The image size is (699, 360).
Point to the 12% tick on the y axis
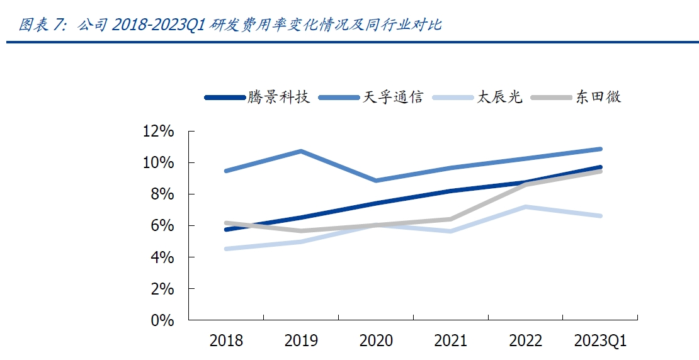click(x=158, y=132)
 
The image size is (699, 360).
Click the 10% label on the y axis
click(x=158, y=163)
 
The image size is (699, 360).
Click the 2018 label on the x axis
click(x=226, y=341)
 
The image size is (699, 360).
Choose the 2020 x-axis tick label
click(x=376, y=341)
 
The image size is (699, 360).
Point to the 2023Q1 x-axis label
click(x=600, y=341)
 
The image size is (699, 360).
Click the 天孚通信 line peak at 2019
click(x=301, y=151)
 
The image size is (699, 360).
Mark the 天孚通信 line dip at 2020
click(x=376, y=181)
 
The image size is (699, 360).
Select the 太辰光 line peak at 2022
click(x=525, y=206)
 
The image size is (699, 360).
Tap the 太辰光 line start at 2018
click(x=226, y=249)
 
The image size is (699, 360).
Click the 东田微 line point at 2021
click(x=451, y=219)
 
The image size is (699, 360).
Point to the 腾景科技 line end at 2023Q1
click(x=600, y=167)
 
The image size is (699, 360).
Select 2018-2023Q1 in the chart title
click(x=158, y=25)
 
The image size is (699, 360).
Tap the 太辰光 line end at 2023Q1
click(x=600, y=216)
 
